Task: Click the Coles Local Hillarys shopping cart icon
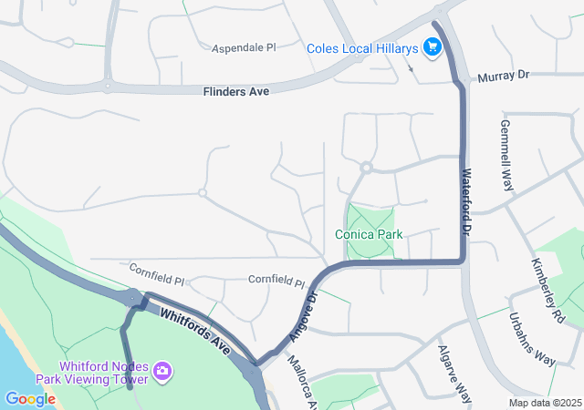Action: [432, 48]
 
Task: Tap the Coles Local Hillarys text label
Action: [362, 48]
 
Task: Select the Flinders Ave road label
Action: [235, 90]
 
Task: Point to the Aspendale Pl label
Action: [244, 47]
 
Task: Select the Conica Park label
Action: [369, 234]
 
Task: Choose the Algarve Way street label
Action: [454, 374]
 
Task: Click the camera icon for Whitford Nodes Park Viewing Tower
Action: [162, 370]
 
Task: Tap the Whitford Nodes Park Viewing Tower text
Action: [93, 373]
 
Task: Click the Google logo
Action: [30, 399]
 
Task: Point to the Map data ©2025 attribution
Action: [545, 403]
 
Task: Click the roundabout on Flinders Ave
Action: [108, 87]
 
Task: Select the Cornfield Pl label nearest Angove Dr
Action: [276, 282]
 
